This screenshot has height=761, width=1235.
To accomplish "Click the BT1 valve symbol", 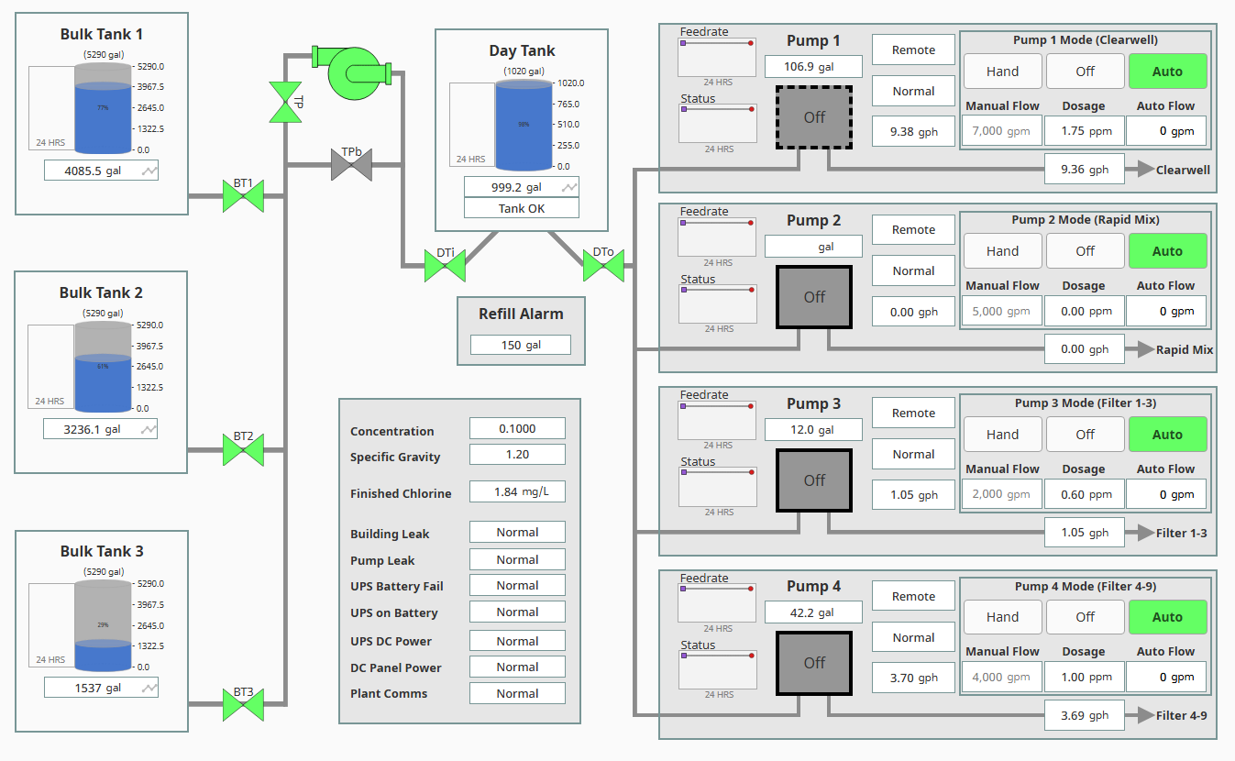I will tap(243, 196).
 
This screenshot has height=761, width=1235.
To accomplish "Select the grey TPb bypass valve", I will tap(351, 165).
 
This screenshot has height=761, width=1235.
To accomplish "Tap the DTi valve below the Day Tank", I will tap(445, 266).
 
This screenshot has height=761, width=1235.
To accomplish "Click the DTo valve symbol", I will tap(603, 266).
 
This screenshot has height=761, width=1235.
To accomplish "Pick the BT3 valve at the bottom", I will tap(243, 705).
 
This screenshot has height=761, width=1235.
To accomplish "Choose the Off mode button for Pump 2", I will tap(1085, 251).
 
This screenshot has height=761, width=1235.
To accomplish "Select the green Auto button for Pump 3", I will tap(1167, 435).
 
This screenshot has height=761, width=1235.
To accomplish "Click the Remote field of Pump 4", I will tap(913, 596).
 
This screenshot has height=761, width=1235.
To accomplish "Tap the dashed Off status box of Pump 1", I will tap(814, 117).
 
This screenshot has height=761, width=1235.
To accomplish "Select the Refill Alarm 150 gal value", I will tap(520, 345).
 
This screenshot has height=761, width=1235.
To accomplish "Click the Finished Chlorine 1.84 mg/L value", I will tap(517, 491).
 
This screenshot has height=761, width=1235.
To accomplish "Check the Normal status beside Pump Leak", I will tap(517, 559).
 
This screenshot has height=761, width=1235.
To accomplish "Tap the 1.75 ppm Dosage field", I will tap(1084, 131).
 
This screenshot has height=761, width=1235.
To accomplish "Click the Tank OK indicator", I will tap(521, 208).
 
